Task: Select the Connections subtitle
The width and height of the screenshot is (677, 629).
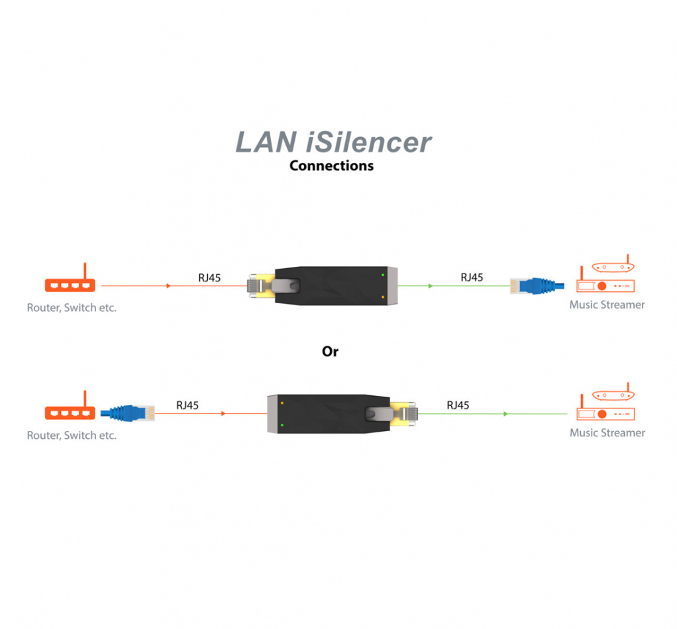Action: point(331,166)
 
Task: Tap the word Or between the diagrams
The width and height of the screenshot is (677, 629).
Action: point(330,352)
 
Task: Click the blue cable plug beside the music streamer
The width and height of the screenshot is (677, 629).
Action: point(537,286)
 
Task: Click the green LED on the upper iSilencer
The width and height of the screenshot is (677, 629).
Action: point(382,274)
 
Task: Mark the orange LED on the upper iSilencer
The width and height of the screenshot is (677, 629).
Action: point(382,297)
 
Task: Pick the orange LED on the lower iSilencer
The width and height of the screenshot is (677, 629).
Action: point(282,402)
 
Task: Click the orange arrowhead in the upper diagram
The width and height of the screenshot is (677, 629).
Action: point(169,286)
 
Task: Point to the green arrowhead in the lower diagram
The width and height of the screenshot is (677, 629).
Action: point(505,414)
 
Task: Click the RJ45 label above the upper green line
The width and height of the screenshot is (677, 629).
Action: point(471,277)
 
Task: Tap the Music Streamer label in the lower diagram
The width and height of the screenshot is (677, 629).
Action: point(607,433)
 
